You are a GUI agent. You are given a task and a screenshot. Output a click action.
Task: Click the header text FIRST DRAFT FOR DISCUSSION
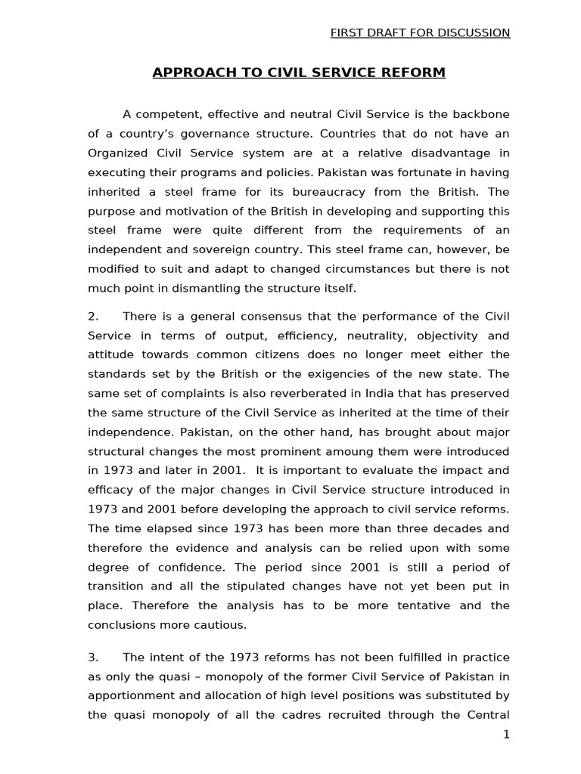(x=421, y=33)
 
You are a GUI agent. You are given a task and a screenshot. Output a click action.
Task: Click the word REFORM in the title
(x=414, y=73)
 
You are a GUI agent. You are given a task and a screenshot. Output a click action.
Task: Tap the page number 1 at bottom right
(x=506, y=735)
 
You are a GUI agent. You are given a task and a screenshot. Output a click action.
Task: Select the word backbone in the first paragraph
(x=483, y=114)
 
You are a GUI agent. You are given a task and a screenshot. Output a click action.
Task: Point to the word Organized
(x=116, y=153)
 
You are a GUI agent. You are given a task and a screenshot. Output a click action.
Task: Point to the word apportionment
(x=129, y=695)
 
